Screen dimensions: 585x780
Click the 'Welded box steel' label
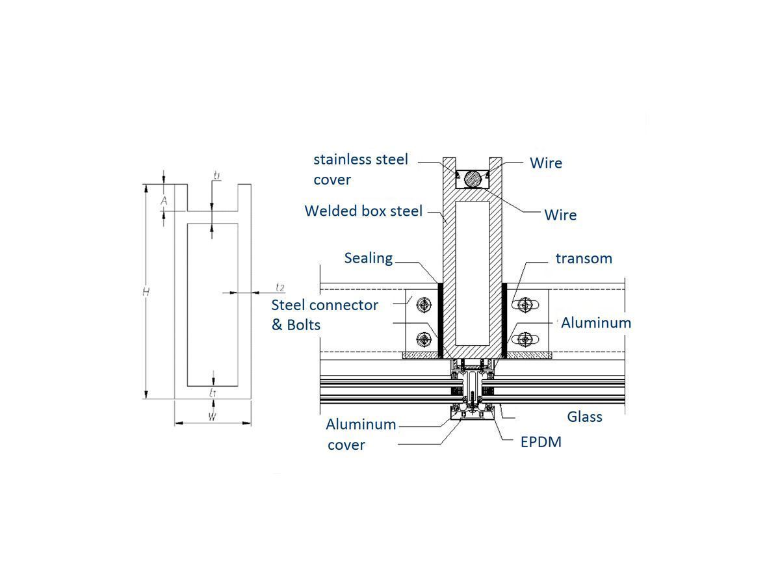[x=363, y=211]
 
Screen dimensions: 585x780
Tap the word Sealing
[x=369, y=258]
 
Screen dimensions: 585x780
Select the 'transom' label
[x=584, y=258]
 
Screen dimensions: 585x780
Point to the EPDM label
[x=541, y=442]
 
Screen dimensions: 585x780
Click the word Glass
[x=584, y=417]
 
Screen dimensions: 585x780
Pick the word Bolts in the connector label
[x=305, y=325]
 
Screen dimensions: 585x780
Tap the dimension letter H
[x=146, y=292]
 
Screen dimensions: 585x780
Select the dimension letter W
[x=212, y=417]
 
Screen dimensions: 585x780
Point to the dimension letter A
[x=164, y=201]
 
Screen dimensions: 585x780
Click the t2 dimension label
[x=279, y=287]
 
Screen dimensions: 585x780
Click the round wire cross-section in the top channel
[x=473, y=178]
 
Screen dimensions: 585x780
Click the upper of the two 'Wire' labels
[x=546, y=163]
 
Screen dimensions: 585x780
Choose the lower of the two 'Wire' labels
[x=560, y=214]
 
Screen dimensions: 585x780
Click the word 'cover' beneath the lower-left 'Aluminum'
[x=346, y=445]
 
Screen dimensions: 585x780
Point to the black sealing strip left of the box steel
[x=439, y=320]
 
